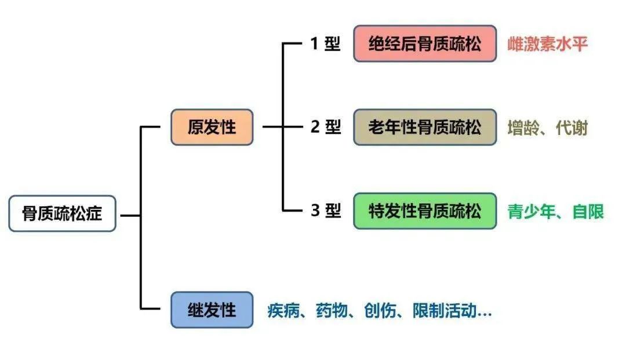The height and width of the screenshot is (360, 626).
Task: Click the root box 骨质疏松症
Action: (62, 213)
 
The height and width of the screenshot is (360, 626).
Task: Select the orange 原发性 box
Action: (212, 127)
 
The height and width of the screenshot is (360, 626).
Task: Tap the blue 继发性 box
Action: (212, 310)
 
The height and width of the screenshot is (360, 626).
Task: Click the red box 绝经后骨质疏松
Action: (425, 43)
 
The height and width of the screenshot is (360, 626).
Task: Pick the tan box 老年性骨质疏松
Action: (425, 127)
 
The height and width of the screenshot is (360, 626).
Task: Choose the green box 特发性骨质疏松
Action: (425, 211)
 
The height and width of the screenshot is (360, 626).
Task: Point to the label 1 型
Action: (325, 44)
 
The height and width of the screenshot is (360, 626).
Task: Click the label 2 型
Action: (325, 127)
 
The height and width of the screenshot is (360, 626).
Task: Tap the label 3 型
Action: (325, 211)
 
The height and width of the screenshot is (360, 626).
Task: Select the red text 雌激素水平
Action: (548, 44)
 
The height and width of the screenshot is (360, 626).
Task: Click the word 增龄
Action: (521, 128)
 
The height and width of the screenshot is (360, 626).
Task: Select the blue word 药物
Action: (332, 311)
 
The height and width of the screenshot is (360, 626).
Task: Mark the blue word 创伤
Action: (380, 311)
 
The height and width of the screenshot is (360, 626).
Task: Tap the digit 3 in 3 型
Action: (315, 211)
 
